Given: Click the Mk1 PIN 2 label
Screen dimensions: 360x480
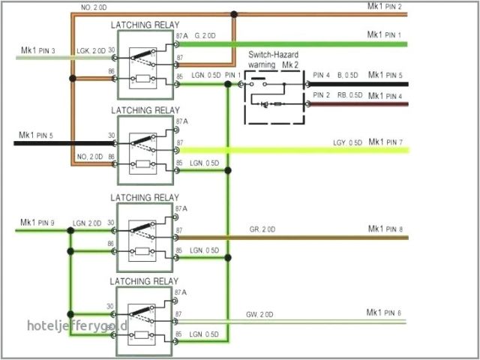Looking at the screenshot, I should coord(384,7).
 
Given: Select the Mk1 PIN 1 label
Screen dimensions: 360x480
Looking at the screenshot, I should coord(384,35).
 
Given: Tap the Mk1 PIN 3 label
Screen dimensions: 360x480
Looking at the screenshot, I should coord(37,51).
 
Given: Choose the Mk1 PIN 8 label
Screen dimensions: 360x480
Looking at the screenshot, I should coord(385,229).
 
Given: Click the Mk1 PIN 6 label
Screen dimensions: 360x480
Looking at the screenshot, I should coord(384,313).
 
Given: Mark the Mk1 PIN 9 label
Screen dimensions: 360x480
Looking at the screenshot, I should coord(37,222).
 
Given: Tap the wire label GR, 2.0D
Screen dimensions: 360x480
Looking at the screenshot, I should coord(262,229).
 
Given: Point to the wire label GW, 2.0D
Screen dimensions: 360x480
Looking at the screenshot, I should coord(259,313).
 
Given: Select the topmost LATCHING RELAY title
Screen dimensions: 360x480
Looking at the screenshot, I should coord(145,25).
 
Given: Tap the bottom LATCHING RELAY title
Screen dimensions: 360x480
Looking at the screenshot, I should coord(145,280).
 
